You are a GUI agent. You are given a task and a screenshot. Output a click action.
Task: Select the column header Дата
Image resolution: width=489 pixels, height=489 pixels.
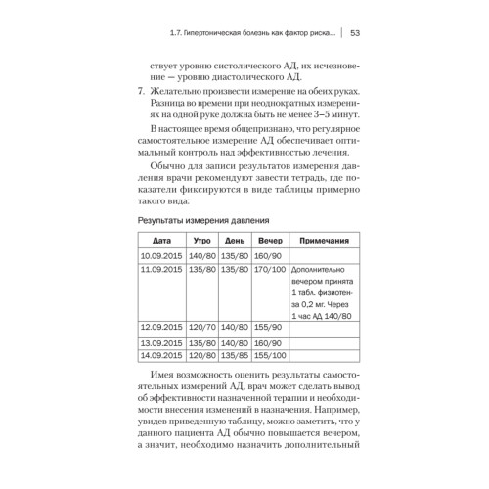pyautogui.click(x=159, y=238)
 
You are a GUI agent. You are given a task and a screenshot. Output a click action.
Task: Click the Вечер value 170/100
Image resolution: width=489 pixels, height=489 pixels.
pyautogui.click(x=269, y=268)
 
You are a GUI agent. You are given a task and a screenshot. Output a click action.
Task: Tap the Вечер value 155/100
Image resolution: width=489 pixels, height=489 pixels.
pyautogui.click(x=269, y=356)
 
